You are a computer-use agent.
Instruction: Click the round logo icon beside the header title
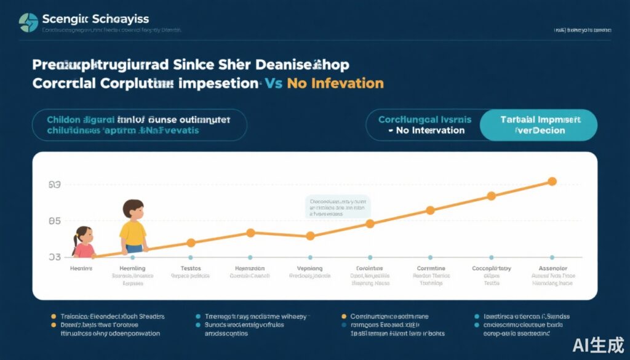(28, 22)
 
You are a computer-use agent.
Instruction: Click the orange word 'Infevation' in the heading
(345, 83)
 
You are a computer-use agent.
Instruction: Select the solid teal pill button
(538, 125)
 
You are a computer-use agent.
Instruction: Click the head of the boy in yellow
(134, 209)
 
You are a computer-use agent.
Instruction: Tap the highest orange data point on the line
(552, 182)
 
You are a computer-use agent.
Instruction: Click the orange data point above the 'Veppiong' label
(310, 236)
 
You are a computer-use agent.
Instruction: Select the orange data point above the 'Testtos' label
(191, 243)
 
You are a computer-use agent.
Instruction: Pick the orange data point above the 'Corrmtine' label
(431, 210)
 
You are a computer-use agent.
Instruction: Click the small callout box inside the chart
(338, 207)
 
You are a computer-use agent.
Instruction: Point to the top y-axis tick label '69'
(54, 185)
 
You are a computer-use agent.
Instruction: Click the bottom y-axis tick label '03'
(54, 257)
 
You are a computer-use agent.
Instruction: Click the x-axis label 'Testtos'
(191, 269)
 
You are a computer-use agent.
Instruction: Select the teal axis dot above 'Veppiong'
(310, 257)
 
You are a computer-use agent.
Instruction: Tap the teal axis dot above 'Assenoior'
(552, 257)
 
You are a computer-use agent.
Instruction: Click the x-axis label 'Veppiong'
(310, 269)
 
